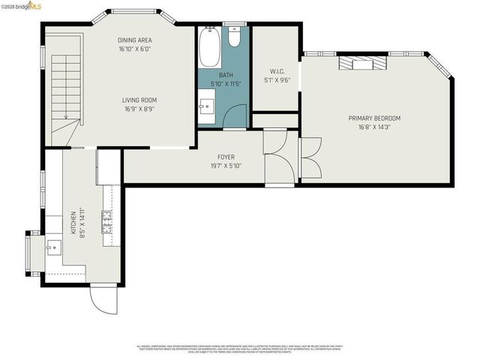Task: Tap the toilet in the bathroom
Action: point(234,37)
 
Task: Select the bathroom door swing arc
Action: point(235,117)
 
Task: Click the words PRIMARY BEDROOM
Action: point(373,118)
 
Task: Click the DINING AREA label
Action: point(136,40)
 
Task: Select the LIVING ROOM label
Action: point(140,100)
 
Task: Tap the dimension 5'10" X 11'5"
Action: point(226,83)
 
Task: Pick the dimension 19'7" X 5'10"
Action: point(226,166)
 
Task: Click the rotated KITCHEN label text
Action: point(73,223)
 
